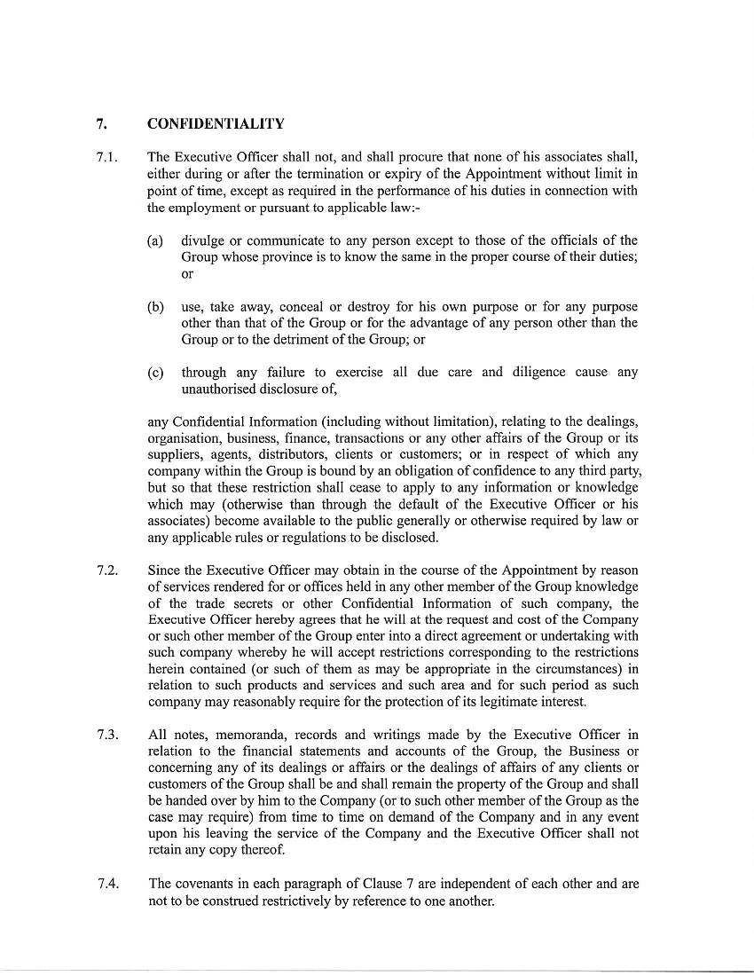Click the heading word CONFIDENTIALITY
point(216,123)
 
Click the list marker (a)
point(155,241)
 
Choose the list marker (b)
point(155,307)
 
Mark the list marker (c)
point(155,373)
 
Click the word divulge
point(201,241)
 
